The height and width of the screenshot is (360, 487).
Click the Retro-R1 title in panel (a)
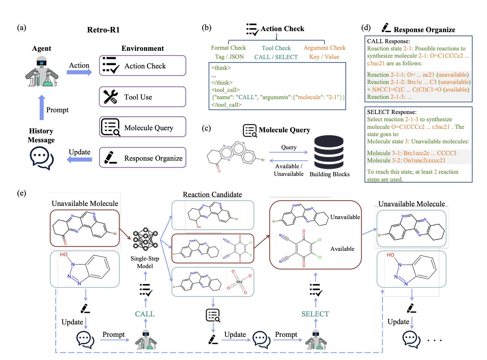(x=103, y=30)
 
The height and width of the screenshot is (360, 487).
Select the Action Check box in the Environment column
(x=142, y=66)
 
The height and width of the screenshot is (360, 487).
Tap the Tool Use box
(x=142, y=97)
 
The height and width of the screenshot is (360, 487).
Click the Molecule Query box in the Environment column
(x=142, y=127)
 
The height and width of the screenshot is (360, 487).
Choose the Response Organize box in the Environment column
(x=142, y=158)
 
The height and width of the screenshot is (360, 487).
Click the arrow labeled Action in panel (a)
(x=79, y=72)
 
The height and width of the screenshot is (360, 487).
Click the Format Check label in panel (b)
(x=228, y=48)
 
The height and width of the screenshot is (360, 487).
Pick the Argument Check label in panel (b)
(x=324, y=48)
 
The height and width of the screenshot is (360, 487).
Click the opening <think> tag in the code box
(x=221, y=68)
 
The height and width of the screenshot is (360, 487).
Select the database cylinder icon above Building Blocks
(x=329, y=152)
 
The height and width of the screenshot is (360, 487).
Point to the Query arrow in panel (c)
(x=288, y=152)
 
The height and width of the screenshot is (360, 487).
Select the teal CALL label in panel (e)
(x=145, y=314)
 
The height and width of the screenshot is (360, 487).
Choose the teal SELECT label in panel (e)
(x=315, y=314)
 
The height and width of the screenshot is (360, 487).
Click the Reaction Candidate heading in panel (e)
(x=212, y=195)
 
